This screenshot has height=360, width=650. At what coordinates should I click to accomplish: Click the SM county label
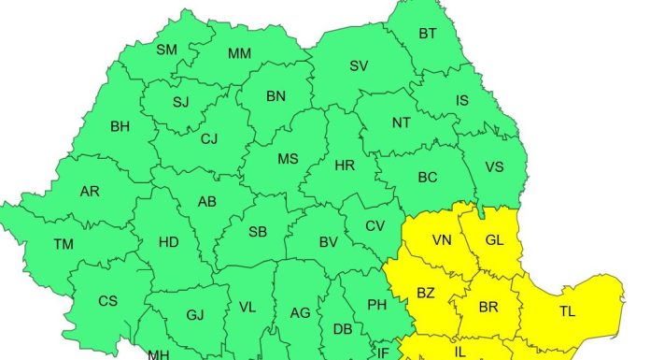coord(167,50)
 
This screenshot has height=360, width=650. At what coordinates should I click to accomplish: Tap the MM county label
coord(239,53)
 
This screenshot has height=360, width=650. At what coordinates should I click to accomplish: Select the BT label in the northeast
coord(428,35)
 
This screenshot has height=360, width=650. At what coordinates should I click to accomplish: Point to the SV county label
coord(359,65)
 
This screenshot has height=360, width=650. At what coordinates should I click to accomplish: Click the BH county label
coord(120,126)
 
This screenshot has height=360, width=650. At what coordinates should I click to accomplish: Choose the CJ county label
coord(209,139)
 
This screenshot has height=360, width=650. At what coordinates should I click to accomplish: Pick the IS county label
coord(462,100)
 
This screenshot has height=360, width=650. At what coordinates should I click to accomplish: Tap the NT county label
coord(401,122)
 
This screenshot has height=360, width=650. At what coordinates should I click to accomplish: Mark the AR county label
coord(90,192)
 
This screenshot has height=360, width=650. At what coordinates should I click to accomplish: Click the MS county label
coord(288,159)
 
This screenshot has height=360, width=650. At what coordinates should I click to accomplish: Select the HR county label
coord(345,166)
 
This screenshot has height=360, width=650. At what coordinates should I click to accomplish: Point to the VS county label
coord(496,167)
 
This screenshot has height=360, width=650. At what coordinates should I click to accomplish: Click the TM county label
coord(64,244)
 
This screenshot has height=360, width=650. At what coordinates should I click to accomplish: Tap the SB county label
coord(258,233)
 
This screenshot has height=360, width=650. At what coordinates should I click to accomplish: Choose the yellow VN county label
coord(443,240)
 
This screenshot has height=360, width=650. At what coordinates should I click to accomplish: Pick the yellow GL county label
coord(494,240)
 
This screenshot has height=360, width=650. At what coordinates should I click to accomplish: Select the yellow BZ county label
coord(426,293)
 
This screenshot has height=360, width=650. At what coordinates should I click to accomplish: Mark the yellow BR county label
coord(487,307)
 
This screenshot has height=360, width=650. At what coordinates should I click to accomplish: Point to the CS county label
coord(108,301)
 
